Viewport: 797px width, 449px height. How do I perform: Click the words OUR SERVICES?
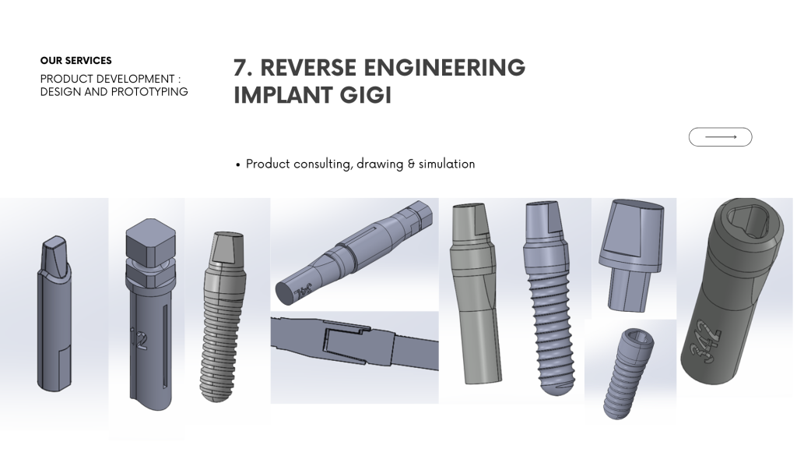coord(75,61)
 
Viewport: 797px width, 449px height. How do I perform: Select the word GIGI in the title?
coord(366,95)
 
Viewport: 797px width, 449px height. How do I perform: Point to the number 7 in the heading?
coord(241,68)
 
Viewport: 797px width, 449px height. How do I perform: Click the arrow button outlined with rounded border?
coord(720,137)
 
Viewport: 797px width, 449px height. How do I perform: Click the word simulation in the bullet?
coord(447,164)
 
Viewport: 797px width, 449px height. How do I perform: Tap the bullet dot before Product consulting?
coord(238,165)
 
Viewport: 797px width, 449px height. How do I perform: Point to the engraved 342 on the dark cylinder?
coord(706,341)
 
